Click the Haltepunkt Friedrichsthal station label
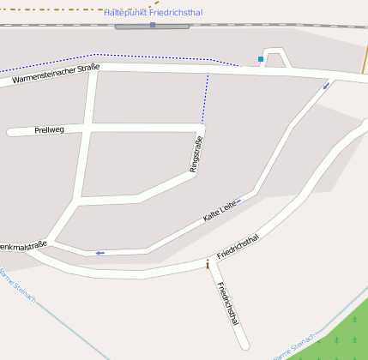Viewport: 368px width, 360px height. (153, 13)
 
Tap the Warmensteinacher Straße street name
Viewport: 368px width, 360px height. (56, 74)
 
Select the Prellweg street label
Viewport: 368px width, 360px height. (49, 130)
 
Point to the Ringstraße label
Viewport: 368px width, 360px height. (196, 154)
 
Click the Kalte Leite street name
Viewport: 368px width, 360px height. (220, 211)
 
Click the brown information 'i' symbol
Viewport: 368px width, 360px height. (208, 264)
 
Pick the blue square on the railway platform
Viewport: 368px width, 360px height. (153, 25)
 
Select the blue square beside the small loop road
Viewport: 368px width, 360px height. (261, 59)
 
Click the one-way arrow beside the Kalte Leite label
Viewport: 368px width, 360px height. (238, 201)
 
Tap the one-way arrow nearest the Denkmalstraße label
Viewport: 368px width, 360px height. (100, 253)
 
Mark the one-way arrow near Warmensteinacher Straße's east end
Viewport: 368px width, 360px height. (326, 86)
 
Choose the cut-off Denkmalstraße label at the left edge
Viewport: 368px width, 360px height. (22, 245)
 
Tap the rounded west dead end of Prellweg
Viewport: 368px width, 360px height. (11, 132)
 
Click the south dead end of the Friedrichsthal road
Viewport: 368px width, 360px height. (244, 345)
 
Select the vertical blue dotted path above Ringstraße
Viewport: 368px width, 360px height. (206, 99)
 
